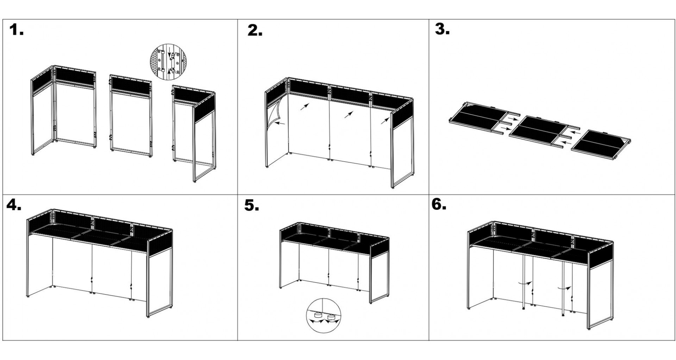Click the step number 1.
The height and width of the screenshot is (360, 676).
point(16,30)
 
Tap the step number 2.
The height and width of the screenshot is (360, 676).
point(255,31)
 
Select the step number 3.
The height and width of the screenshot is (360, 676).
point(442,29)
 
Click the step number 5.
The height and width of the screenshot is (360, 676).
point(252,206)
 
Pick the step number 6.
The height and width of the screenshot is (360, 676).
point(439,205)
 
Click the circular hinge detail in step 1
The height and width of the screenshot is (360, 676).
point(167,62)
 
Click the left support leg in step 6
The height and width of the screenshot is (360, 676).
point(524,282)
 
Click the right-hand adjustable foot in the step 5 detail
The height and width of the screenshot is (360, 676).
point(331,318)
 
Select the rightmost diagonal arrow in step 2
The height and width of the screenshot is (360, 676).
point(384,121)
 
